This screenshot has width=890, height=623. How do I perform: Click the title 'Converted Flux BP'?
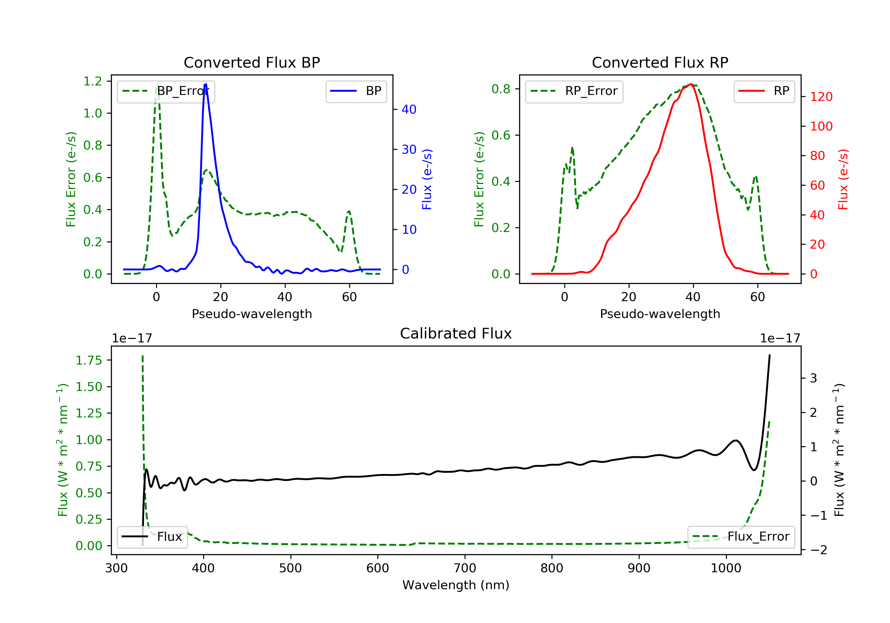tap(252, 62)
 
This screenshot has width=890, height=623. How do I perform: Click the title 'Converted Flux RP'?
tap(660, 62)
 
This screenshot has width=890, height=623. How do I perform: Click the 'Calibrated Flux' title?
tap(456, 333)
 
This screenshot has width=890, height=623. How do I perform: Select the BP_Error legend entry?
tap(166, 91)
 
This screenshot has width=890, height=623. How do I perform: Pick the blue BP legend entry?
tap(356, 91)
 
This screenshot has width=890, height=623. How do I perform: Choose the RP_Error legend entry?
tap(574, 91)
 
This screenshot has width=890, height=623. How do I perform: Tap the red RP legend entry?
tap(764, 91)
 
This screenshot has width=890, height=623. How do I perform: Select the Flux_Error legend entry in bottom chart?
tap(741, 537)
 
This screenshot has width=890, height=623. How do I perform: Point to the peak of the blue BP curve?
tap(206, 84)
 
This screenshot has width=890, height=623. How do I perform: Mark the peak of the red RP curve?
tap(691, 84)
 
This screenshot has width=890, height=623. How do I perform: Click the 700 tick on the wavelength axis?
tap(465, 568)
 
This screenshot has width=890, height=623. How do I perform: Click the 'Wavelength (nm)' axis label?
tap(456, 585)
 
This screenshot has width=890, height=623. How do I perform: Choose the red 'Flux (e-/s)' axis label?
tap(843, 179)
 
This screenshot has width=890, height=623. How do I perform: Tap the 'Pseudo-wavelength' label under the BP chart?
tap(252, 314)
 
